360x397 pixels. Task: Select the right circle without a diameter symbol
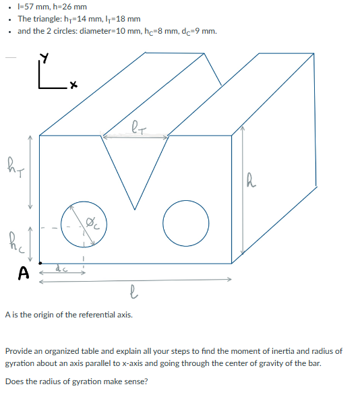pyautogui.click(x=185, y=222)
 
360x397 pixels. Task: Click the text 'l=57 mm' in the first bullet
pyautogui.click(x=32, y=7)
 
